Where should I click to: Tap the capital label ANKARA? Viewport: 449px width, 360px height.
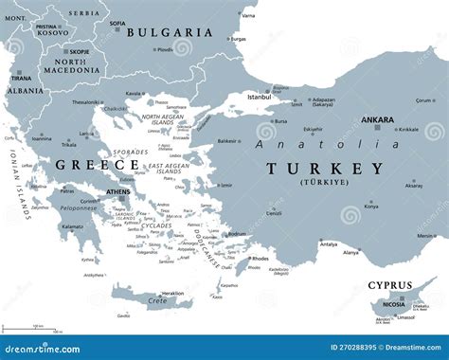[379, 120]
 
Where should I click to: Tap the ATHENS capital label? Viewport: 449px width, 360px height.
[119, 190]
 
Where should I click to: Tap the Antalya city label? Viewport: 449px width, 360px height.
[328, 243]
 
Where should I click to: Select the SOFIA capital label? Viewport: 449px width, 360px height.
[117, 24]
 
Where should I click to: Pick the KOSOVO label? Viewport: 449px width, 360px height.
[51, 33]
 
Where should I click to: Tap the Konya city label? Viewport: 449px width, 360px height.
[371, 206]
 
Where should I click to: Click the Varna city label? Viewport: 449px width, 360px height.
[248, 15]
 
